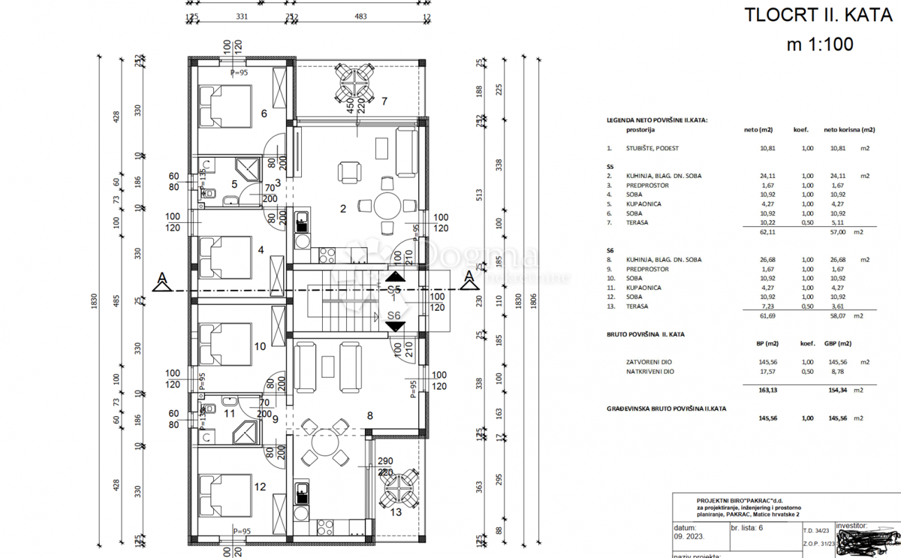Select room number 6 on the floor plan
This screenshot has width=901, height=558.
pyautogui.click(x=264, y=114)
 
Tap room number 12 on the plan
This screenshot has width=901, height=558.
pyautogui.click(x=260, y=487)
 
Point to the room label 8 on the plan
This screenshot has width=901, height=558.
pyautogui.click(x=369, y=415)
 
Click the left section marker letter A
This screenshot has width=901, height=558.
pyautogui.click(x=160, y=282)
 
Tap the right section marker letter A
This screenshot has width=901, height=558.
pyautogui.click(x=470, y=282)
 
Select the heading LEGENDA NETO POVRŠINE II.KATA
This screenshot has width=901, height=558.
pyautogui.click(x=657, y=120)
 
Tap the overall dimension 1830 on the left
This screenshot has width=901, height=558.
pyautogui.click(x=94, y=300)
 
